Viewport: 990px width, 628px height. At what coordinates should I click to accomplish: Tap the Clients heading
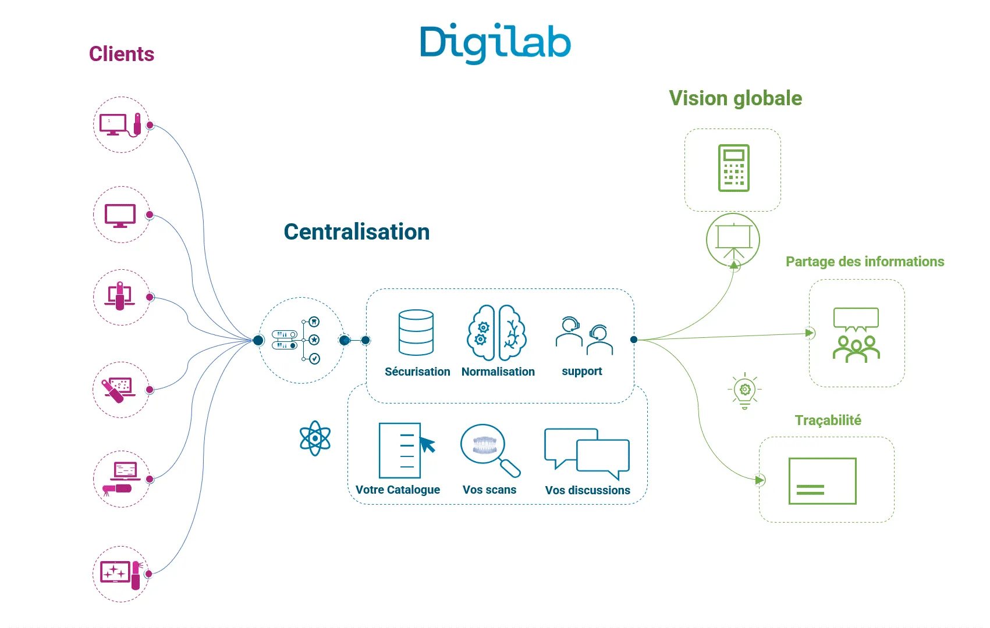click(x=122, y=54)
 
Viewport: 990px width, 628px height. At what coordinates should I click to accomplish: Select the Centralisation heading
click(x=356, y=231)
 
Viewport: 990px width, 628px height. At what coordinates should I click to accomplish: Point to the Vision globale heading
click(x=735, y=98)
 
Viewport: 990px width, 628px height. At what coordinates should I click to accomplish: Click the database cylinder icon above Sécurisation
click(x=416, y=332)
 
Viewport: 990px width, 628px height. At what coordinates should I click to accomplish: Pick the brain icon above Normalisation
click(x=497, y=333)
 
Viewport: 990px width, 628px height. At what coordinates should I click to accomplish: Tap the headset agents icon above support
click(x=584, y=336)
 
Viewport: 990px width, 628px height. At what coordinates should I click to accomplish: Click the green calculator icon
click(x=733, y=168)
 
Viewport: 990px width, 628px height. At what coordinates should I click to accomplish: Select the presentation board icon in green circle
click(x=733, y=239)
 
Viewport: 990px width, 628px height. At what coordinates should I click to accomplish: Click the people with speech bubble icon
click(x=856, y=335)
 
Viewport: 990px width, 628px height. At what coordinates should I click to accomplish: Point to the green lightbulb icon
click(x=745, y=390)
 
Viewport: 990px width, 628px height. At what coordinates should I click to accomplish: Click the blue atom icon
click(x=315, y=438)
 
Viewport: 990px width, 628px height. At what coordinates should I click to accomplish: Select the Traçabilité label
click(x=828, y=420)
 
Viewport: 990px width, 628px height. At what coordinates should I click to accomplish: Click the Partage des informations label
click(x=864, y=262)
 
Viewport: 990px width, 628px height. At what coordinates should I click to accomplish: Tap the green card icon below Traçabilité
click(x=822, y=481)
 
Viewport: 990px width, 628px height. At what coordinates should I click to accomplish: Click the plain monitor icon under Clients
click(x=120, y=215)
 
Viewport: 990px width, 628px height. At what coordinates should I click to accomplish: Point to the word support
click(x=581, y=372)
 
